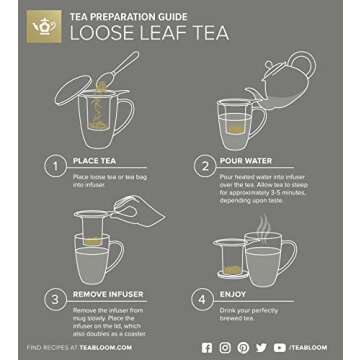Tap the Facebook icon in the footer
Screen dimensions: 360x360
207,348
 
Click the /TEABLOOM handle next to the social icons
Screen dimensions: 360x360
314,348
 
